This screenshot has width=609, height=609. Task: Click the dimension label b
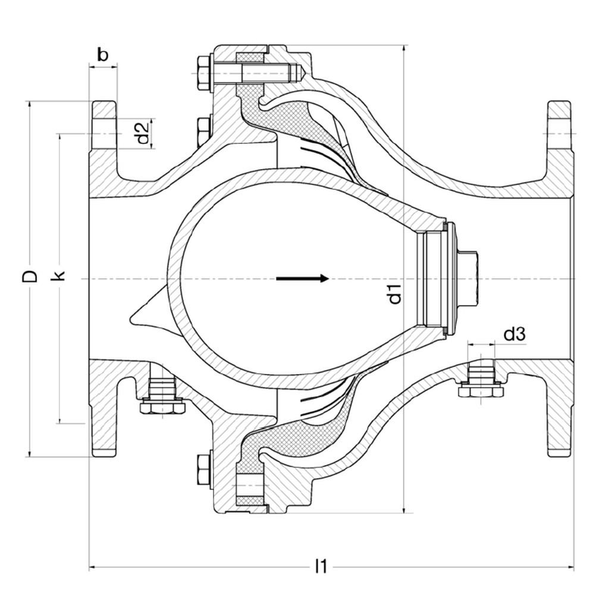coord(102,55)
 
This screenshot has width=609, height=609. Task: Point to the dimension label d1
coord(395,294)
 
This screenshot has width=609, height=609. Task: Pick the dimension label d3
coord(514,335)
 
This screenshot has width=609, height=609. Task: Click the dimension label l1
coord(321,566)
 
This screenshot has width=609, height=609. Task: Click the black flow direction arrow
coord(303,278)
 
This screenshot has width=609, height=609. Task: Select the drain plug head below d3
coord(481,391)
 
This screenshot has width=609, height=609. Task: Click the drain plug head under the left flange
coord(162,407)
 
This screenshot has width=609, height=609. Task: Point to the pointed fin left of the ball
coord(143,314)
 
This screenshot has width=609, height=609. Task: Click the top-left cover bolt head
coord(203,73)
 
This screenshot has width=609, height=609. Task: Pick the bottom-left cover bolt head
coord(203,471)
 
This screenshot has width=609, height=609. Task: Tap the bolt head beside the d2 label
coord(203,132)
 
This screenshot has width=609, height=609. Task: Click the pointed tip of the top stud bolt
coord(304,73)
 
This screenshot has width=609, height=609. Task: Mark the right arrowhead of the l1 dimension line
coord(572,568)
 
